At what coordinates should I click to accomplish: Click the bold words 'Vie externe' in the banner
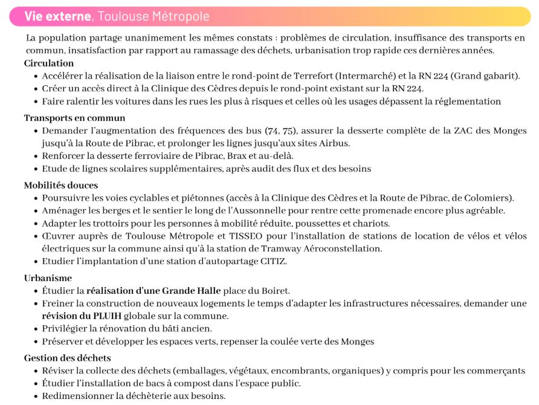coord(57,16)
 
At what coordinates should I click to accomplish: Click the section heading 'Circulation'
coord(49,63)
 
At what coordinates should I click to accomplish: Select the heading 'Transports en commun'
coord(74,118)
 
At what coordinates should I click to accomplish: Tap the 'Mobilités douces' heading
coord(61,186)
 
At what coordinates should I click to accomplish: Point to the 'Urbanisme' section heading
coord(48,278)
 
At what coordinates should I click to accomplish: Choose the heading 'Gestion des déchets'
coord(67,358)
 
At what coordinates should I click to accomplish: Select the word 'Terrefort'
coord(312,76)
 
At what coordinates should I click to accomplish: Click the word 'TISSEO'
coord(260,236)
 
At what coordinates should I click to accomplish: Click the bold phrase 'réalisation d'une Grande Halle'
coord(153,291)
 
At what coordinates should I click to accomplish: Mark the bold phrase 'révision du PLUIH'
coord(82,316)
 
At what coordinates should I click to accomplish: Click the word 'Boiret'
coord(275,291)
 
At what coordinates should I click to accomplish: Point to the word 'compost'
coord(170,383)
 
